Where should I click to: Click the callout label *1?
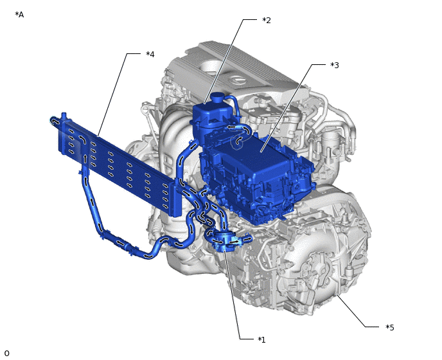coord(261,339)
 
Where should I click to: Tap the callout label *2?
coord(267,21)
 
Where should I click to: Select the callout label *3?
coord(335,65)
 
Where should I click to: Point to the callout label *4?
coord(150,54)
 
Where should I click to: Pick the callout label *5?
coord(390,327)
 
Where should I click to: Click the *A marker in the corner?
coord(19,15)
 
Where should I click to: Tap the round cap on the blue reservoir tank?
coord(217,98)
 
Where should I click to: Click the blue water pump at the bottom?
coord(226,240)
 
